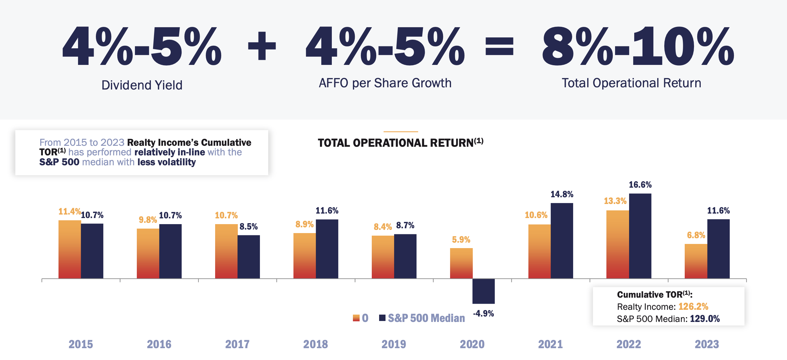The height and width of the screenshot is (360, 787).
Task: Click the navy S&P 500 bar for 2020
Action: [483, 291]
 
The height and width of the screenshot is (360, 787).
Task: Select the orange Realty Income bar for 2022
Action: [617, 245]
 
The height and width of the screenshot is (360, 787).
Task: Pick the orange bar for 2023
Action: [696, 261]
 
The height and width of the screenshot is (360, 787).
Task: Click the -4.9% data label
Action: [483, 314]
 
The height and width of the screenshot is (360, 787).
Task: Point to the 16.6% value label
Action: [640, 185]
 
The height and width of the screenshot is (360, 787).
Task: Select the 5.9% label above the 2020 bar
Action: [461, 240]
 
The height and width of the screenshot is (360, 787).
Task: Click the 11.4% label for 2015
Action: [69, 212]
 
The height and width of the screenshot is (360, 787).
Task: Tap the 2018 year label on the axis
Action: [316, 344]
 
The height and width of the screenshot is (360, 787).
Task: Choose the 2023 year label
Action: [707, 344]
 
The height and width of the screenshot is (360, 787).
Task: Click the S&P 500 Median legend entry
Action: [422, 318]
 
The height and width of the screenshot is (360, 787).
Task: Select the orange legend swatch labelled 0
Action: [356, 318]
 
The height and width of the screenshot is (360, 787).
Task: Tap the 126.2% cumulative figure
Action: [693, 307]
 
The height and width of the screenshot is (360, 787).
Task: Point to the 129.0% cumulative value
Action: [705, 319]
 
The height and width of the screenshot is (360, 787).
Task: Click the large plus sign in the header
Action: [262, 46]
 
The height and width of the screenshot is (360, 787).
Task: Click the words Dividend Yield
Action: [142, 85]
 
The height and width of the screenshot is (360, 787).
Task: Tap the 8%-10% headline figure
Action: [638, 46]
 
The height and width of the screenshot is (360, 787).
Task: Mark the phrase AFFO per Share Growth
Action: [385, 83]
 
